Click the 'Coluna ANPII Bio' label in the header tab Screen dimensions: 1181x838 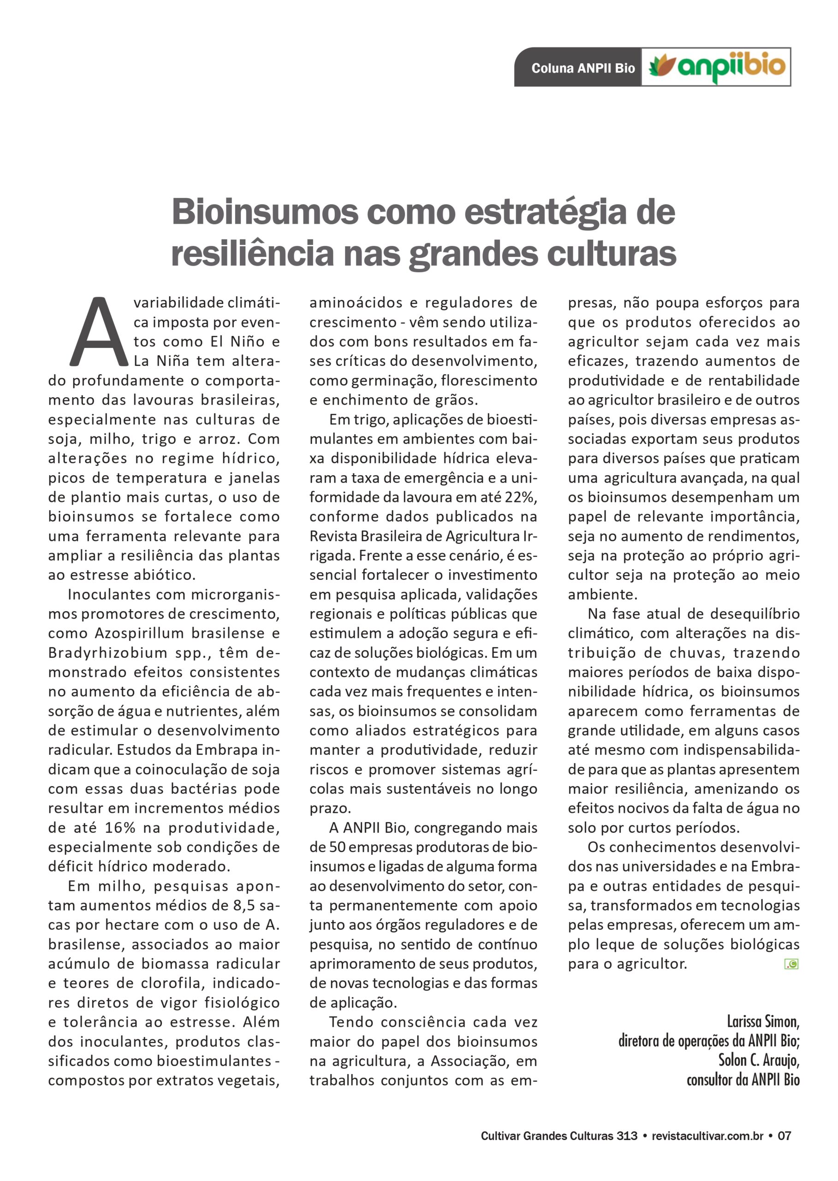pos(582,68)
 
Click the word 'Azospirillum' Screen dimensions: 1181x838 pos(139,633)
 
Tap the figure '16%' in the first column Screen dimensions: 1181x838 pos(120,828)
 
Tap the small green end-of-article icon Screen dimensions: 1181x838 pos(791,964)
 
